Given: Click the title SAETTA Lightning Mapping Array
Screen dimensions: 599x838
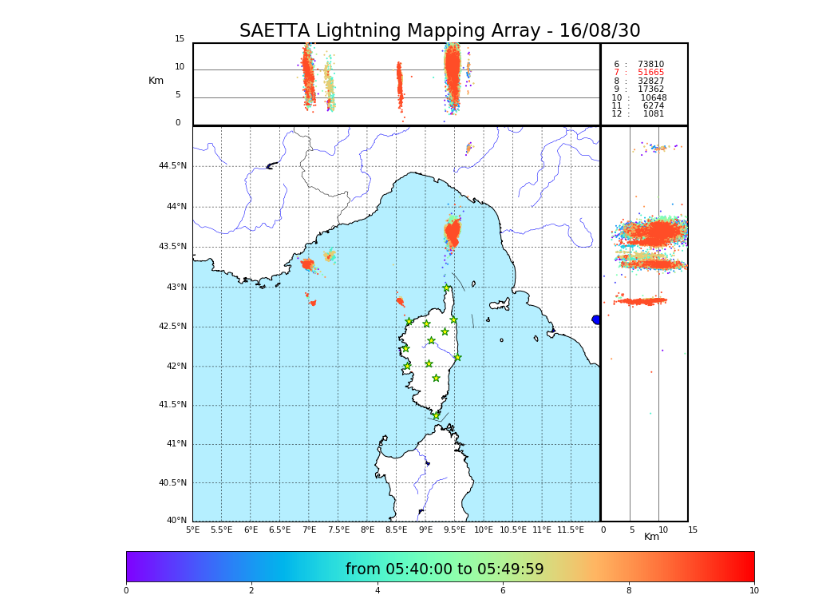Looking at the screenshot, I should [440, 31].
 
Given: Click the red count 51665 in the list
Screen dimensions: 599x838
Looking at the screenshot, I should [650, 73].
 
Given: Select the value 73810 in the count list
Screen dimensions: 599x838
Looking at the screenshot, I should [650, 65].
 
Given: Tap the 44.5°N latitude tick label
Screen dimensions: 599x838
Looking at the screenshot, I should [172, 166].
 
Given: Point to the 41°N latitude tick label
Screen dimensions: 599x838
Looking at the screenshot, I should [176, 444].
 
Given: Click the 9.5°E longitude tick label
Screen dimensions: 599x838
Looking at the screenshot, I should [455, 530].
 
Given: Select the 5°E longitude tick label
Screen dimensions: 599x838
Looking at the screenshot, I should [192, 530].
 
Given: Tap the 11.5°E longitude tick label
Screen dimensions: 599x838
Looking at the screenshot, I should [571, 530].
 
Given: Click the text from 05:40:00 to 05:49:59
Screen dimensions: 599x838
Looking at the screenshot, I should [445, 569].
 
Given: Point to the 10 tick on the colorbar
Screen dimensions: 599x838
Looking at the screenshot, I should [753, 591].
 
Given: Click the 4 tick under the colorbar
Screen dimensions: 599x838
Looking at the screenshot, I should [377, 591].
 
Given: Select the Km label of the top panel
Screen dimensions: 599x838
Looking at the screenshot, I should [156, 81].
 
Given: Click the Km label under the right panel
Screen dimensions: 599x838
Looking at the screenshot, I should [651, 537].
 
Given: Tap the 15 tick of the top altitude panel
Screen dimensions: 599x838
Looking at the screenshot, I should [180, 39].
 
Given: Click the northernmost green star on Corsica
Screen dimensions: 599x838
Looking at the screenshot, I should [447, 288].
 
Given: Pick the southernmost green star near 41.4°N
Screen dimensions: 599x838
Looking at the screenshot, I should [437, 415].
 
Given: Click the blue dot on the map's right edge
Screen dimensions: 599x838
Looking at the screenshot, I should [596, 319].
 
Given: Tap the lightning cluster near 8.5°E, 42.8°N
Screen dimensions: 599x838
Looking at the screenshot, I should [400, 301].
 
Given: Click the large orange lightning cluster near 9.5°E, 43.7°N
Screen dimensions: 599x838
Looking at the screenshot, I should [453, 233].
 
